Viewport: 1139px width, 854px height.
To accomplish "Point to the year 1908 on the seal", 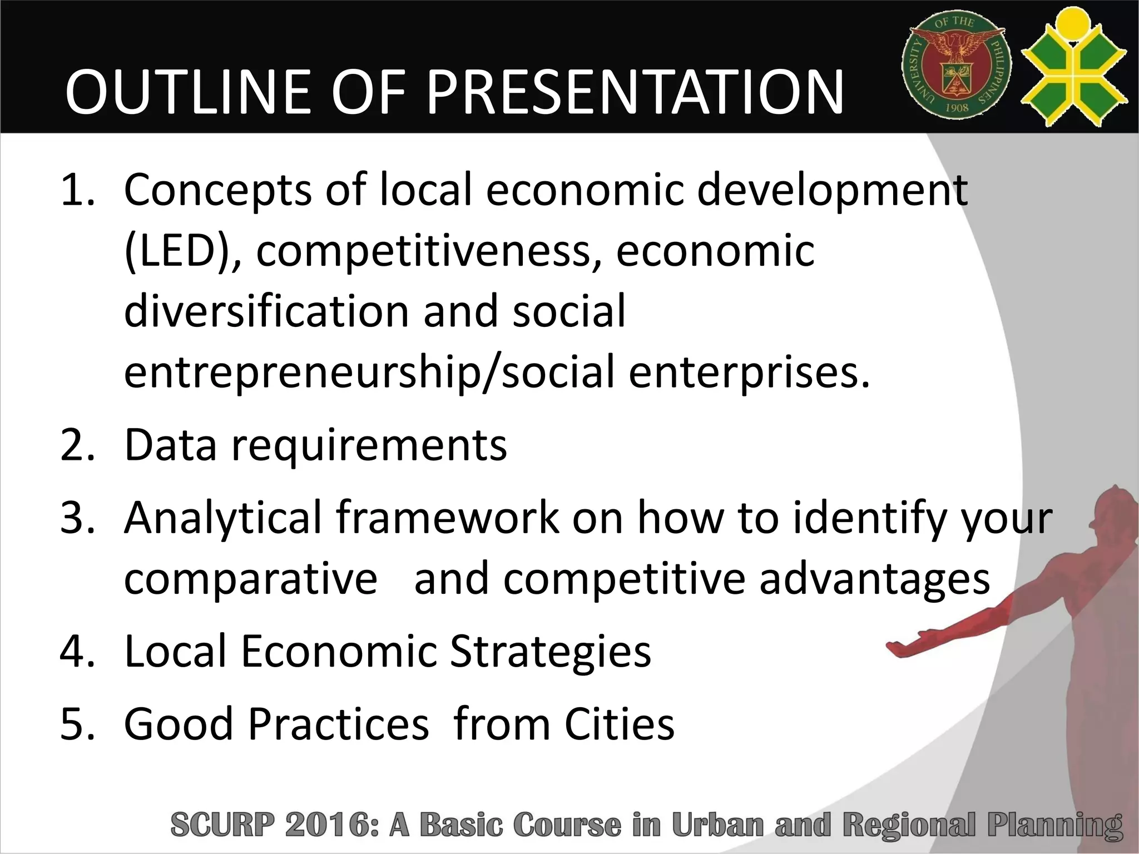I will pos(957,107).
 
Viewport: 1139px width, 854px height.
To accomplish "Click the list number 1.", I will pos(78,190).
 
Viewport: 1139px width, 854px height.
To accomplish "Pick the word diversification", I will pos(266,311).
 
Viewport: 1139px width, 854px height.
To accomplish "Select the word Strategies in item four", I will pos(550,652).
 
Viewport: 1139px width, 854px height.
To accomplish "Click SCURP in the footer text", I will pos(223,825).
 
